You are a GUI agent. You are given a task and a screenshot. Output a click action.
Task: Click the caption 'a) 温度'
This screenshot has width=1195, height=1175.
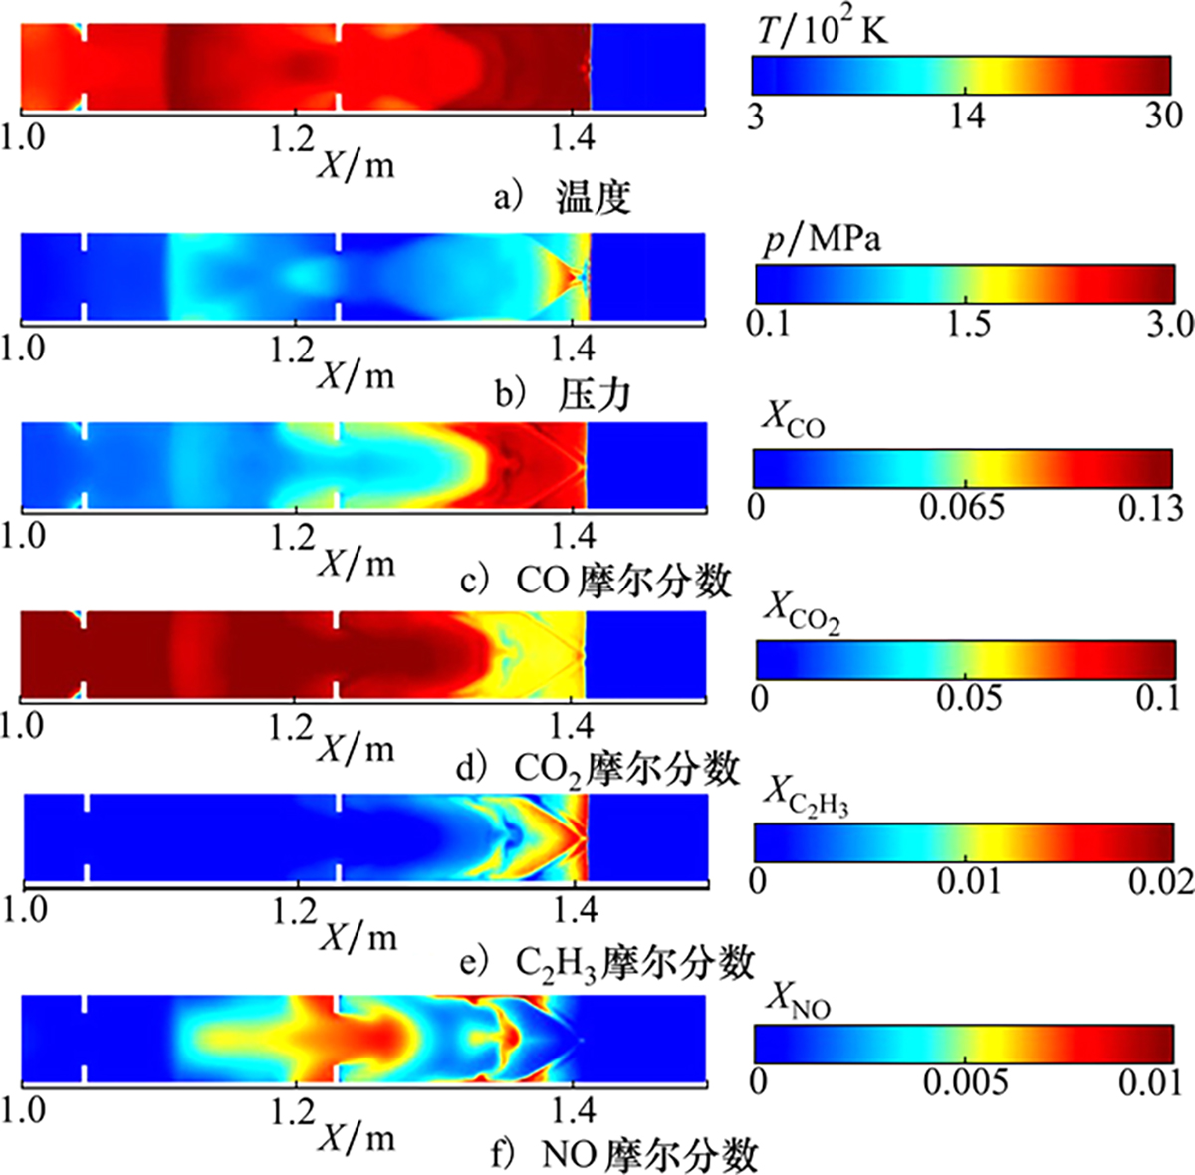[564, 198]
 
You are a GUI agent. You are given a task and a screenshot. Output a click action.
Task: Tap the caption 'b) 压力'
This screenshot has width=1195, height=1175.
[564, 395]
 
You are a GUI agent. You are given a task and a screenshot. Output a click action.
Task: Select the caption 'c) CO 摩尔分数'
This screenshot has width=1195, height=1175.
[597, 581]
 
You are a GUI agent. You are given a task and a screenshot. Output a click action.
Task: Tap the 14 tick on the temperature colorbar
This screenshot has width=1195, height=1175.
[966, 117]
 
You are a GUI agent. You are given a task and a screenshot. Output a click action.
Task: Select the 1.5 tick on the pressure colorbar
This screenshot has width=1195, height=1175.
[969, 324]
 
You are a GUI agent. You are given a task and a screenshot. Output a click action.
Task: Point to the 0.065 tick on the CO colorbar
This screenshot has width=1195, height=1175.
[961, 508]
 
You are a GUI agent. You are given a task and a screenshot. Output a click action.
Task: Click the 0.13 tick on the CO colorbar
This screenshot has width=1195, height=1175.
[1150, 508]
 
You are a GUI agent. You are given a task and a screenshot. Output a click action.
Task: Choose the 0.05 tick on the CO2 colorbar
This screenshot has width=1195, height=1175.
[969, 697]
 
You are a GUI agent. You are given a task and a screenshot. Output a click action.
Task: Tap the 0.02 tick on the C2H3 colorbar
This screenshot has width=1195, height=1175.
[1160, 882]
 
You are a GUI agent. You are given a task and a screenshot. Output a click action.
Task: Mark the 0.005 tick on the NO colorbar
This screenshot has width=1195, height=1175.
[965, 1082]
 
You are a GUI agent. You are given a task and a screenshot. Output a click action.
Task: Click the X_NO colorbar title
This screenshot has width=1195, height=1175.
[798, 1001]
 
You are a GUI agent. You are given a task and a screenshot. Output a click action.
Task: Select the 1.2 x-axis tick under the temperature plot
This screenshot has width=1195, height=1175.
[292, 139]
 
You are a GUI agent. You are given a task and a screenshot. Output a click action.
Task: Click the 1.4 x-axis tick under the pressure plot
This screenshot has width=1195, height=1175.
[573, 349]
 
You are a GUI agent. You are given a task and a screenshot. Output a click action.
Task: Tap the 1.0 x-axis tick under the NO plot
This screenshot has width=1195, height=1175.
[22, 1109]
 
